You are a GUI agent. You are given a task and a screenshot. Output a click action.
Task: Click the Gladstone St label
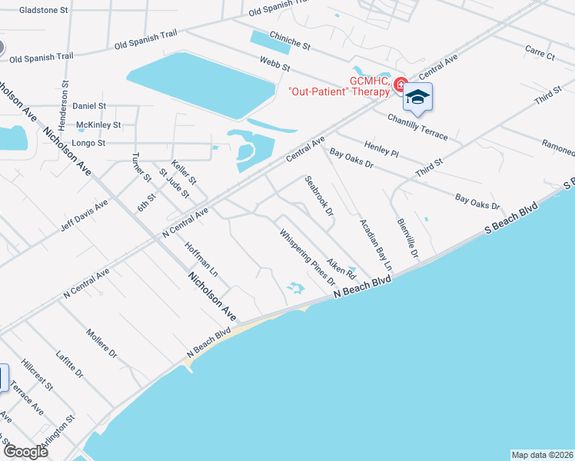[x=44, y=11]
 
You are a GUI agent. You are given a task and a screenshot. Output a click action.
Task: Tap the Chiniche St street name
[x=289, y=40]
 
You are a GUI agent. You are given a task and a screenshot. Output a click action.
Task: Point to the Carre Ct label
[x=540, y=52]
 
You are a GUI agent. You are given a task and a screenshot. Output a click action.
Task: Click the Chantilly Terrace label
[x=417, y=126]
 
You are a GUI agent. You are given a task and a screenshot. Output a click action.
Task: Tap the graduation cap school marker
[x=417, y=97]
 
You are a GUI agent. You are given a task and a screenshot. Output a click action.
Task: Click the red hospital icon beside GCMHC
[x=400, y=85]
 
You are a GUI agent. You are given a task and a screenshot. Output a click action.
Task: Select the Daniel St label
[x=90, y=105]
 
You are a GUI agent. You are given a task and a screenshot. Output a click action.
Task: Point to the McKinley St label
[x=98, y=124]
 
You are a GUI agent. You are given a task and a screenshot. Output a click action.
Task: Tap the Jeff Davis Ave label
[x=84, y=216]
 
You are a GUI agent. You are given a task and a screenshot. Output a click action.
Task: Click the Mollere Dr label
[x=101, y=344]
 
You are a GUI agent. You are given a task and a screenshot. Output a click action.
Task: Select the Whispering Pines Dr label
[x=307, y=259]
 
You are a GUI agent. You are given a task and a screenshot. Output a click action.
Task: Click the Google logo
[x=25, y=452]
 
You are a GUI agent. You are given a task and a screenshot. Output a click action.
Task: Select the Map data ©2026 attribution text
[x=541, y=454]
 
